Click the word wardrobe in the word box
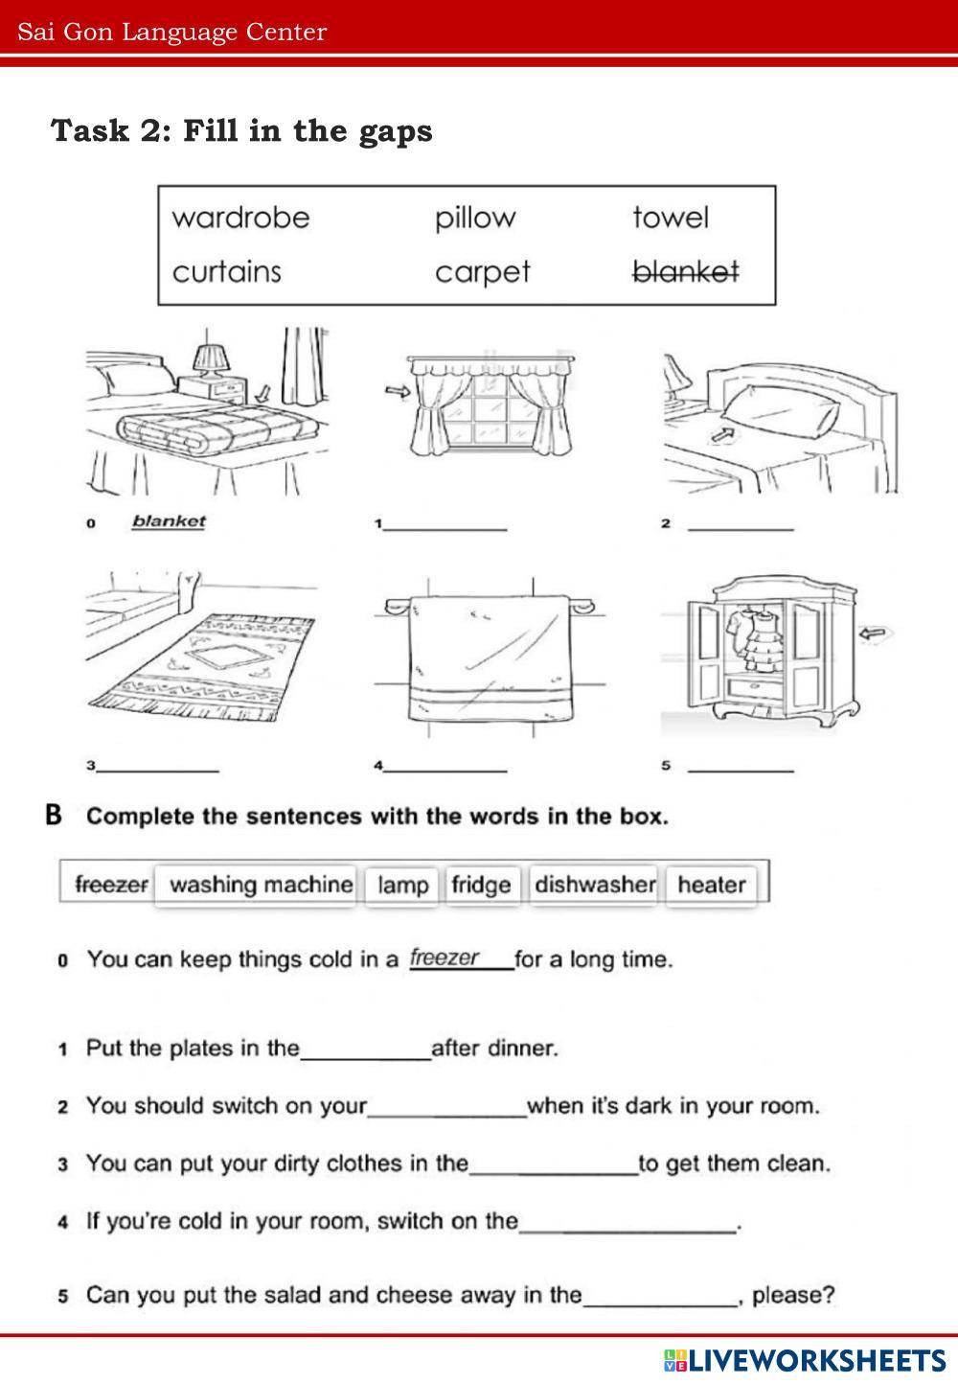tap(240, 218)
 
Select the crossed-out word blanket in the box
tap(685, 272)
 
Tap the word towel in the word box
tap(670, 218)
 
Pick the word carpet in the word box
tap(482, 272)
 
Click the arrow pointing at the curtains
tap(395, 390)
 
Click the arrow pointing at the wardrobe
tap(874, 633)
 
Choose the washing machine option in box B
tap(261, 884)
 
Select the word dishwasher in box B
tap(594, 884)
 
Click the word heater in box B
tap(711, 884)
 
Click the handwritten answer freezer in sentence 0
tap(444, 957)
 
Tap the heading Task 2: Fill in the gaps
tap(241, 130)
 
